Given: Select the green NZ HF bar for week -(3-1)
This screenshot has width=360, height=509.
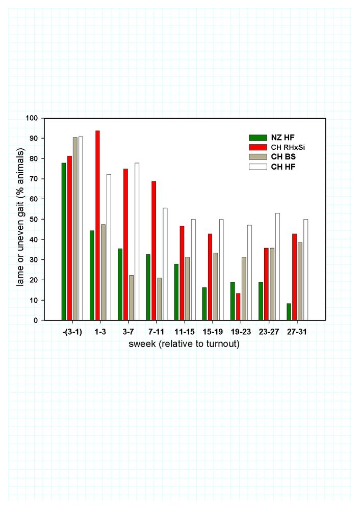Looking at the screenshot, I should click(x=64, y=242).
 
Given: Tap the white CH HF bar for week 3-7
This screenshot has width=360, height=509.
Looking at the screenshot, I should click(x=137, y=242).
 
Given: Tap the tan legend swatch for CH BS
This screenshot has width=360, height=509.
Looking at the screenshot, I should click(x=258, y=157).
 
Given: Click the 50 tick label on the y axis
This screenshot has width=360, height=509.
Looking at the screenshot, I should click(x=34, y=219).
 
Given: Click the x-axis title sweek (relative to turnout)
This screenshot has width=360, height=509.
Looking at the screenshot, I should click(x=184, y=343).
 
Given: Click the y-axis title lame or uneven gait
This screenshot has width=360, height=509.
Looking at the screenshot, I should click(x=21, y=217).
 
